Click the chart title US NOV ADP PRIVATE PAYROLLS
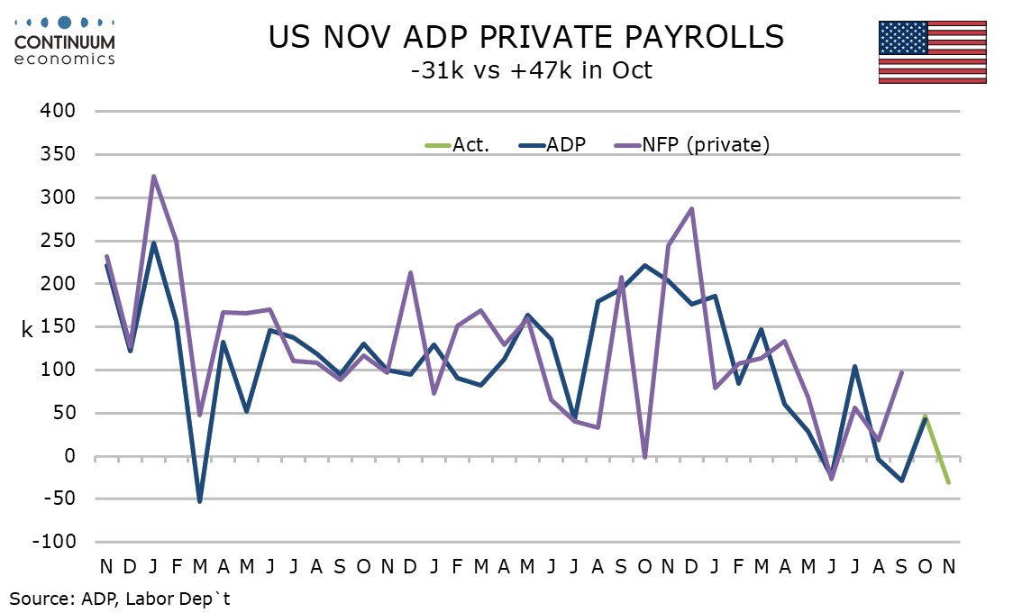click(526, 37)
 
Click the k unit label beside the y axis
click(28, 330)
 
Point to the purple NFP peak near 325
click(153, 176)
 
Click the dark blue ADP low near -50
click(199, 501)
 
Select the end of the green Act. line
click(948, 482)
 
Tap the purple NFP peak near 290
click(691, 208)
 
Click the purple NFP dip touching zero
click(644, 457)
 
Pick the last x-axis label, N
click(948, 567)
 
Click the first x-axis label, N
click(106, 567)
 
